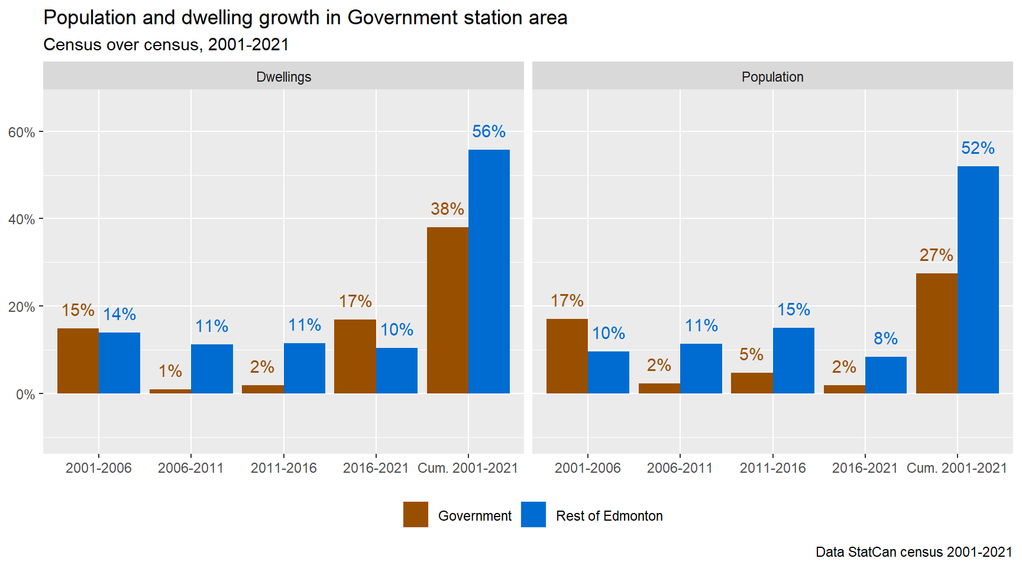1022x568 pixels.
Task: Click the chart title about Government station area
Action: point(305,18)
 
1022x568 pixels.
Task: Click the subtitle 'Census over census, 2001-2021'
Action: point(166,45)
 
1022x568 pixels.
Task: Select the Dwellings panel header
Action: point(283,77)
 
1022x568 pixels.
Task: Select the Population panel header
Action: point(772,77)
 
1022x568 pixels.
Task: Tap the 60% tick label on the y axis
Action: point(21,133)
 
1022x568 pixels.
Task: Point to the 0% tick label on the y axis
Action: point(25,395)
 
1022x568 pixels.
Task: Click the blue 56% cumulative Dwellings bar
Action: point(489,272)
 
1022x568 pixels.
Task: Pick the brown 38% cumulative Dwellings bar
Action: point(447,310)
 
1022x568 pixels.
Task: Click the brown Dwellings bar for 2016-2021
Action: point(355,356)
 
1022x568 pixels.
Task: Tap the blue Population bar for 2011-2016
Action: point(794,360)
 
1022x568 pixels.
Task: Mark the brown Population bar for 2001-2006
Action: point(567,356)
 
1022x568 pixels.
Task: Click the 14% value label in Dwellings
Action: point(119,314)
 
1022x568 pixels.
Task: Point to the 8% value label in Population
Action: point(885,338)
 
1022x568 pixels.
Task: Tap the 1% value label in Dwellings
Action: point(170,371)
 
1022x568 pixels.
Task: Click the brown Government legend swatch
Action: point(416,515)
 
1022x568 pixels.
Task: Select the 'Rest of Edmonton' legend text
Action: point(609,516)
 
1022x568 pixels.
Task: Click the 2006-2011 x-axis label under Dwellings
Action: point(190,468)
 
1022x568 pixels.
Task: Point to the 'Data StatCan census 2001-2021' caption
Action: point(914,552)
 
